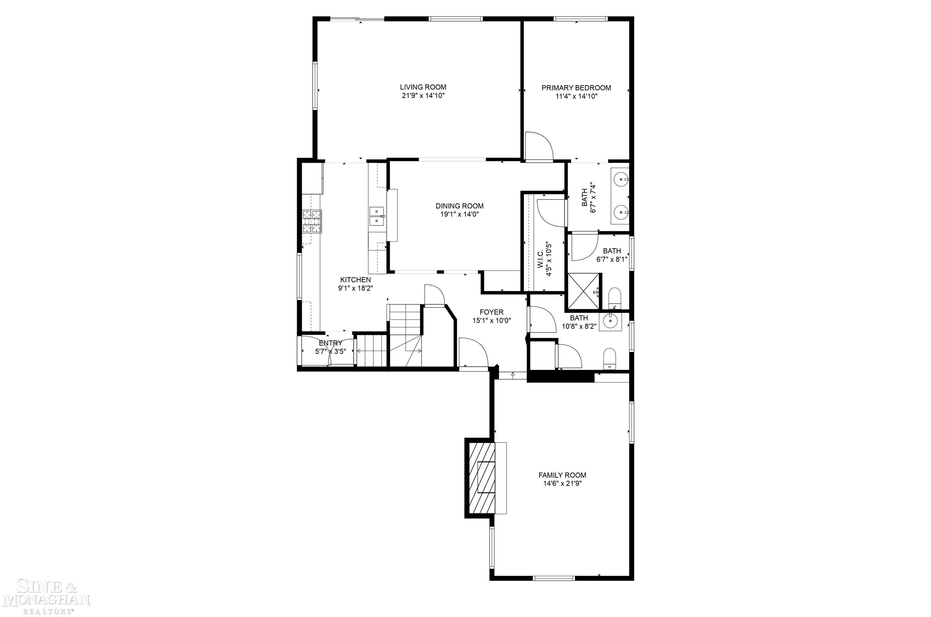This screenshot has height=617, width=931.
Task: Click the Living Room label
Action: pyautogui.click(x=423, y=87)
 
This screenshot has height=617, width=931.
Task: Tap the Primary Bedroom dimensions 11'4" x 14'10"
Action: pyautogui.click(x=576, y=96)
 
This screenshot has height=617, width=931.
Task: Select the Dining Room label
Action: pyautogui.click(x=459, y=206)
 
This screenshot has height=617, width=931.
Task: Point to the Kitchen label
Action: pyautogui.click(x=355, y=280)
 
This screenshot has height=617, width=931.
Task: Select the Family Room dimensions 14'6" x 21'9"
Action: pyautogui.click(x=562, y=484)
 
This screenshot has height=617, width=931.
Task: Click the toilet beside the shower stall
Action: pyautogui.click(x=614, y=298)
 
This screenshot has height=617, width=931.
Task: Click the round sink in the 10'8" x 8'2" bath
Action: pyautogui.click(x=610, y=322)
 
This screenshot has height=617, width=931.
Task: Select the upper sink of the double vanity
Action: pyautogui.click(x=621, y=179)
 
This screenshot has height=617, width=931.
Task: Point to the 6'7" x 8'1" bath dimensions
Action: pyautogui.click(x=612, y=259)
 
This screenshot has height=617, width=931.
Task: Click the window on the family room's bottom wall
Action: pyautogui.click(x=554, y=578)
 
